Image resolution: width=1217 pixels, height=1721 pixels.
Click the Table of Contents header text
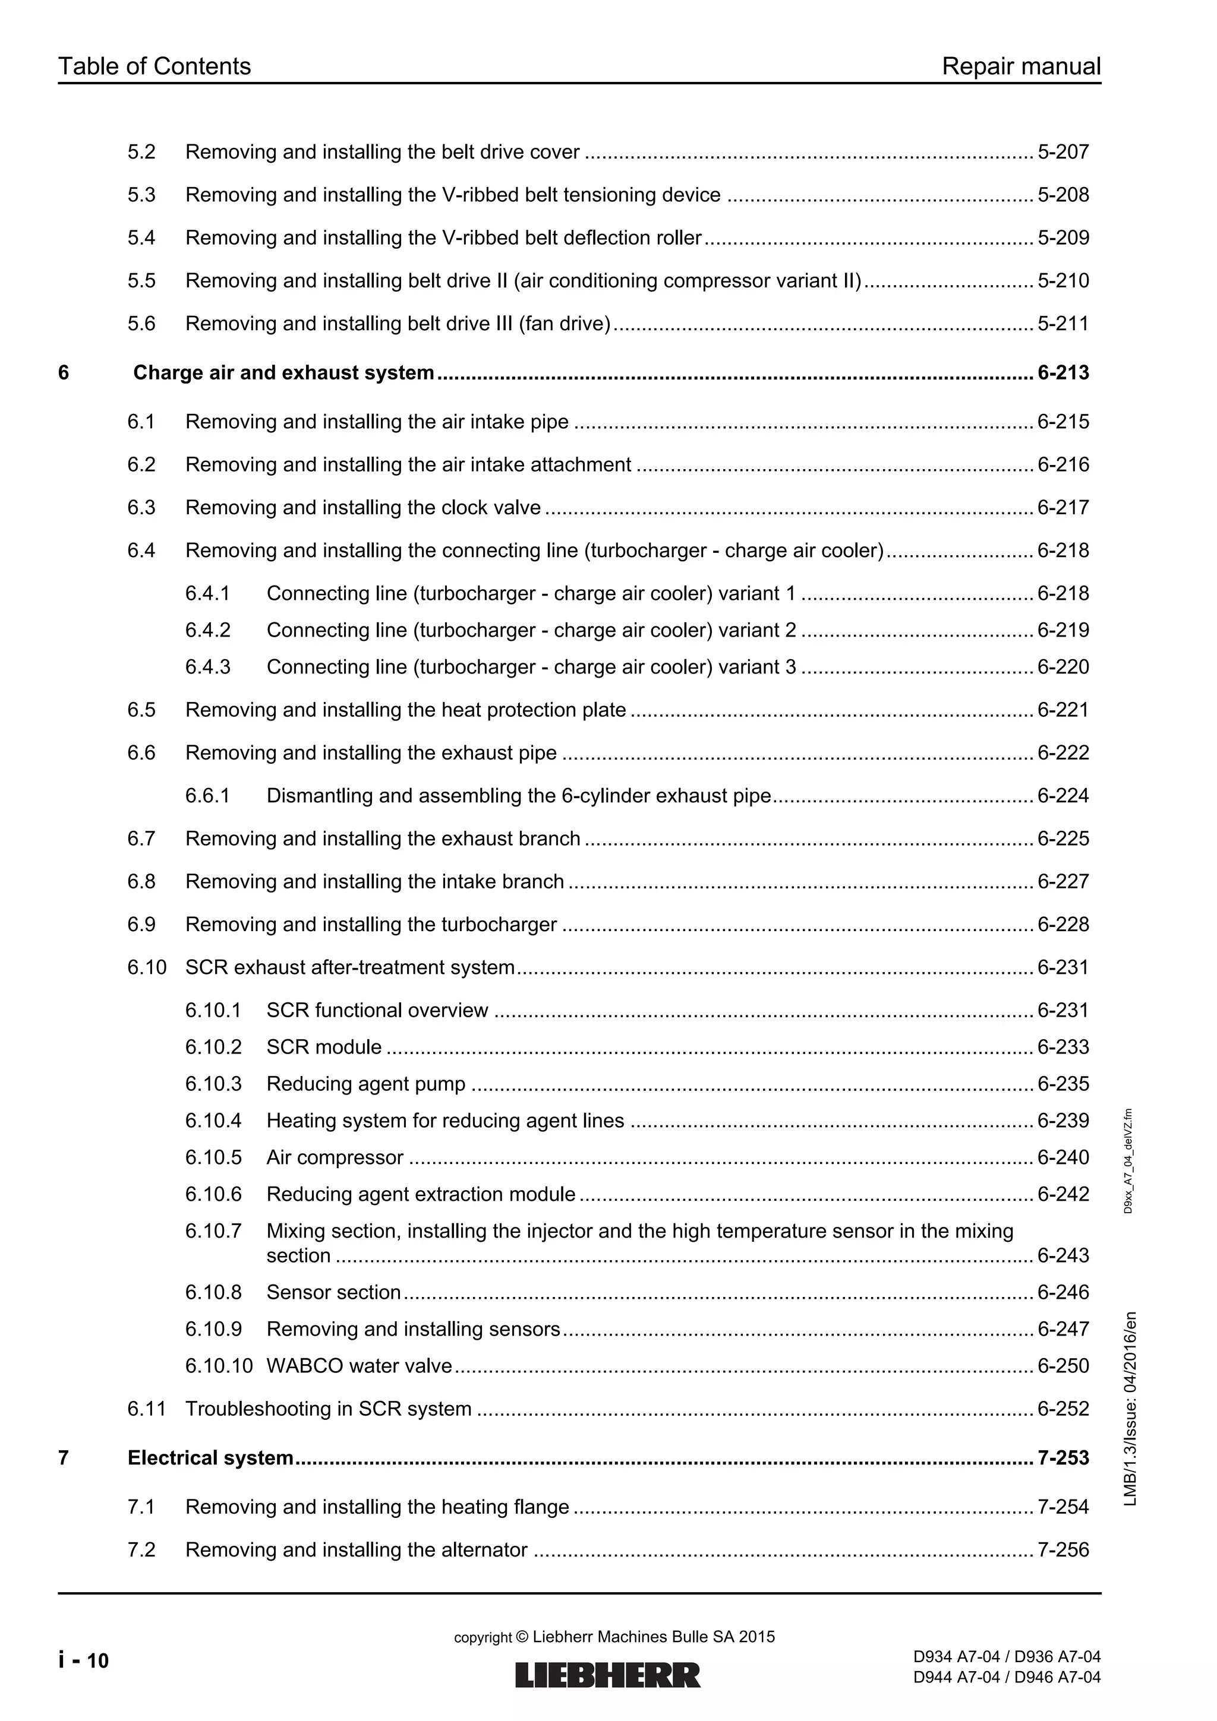click(x=154, y=67)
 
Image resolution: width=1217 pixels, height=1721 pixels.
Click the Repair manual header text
click(x=1020, y=67)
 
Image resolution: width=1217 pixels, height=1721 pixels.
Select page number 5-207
click(x=1062, y=152)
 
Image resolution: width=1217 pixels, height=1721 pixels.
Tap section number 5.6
click(x=141, y=324)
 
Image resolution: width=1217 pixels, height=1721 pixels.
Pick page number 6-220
click(x=1062, y=667)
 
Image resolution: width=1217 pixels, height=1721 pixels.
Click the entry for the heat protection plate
click(x=405, y=710)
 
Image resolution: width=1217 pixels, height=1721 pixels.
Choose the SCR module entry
click(x=324, y=1047)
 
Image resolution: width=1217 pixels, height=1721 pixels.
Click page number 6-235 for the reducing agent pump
click(x=1062, y=1084)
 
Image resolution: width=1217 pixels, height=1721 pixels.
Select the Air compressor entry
click(x=335, y=1157)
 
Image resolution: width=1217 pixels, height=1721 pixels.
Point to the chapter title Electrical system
click(x=210, y=1458)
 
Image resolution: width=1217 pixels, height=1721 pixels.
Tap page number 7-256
click(x=1062, y=1549)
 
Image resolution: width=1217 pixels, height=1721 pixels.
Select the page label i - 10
click(x=83, y=1661)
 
